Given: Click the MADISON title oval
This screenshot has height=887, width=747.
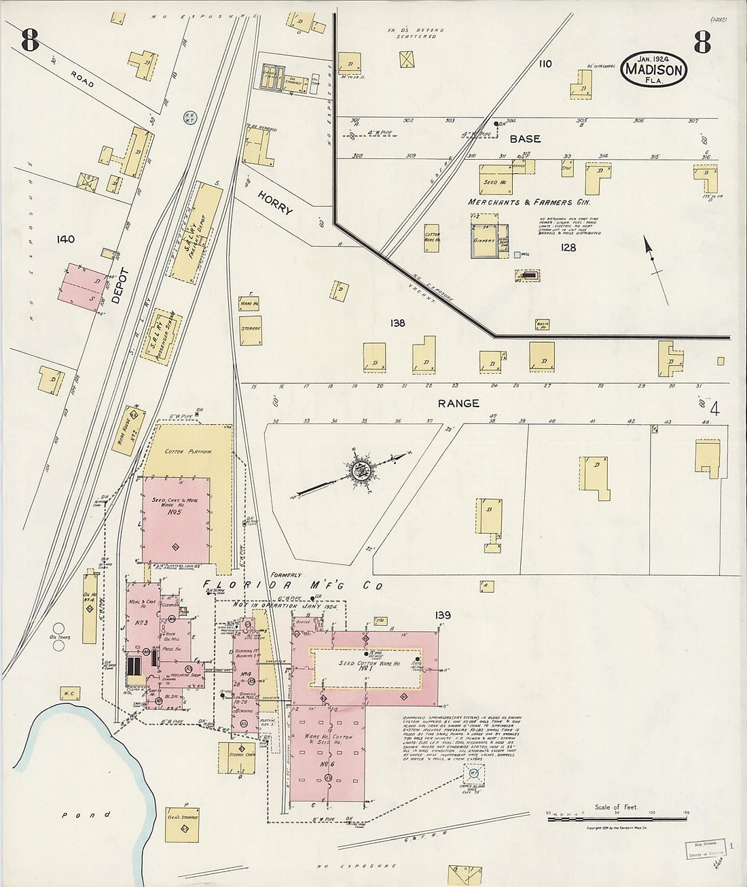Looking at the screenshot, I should (x=653, y=69).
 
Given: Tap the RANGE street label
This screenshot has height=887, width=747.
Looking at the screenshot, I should (x=458, y=403).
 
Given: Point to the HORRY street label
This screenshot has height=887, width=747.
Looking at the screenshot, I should (x=275, y=202).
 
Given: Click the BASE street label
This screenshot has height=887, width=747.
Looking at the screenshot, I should (x=525, y=139).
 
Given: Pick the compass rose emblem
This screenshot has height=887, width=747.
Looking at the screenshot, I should (x=359, y=469).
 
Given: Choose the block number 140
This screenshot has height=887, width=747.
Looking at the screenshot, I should (x=66, y=239).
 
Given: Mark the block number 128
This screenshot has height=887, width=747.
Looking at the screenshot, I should (x=568, y=247).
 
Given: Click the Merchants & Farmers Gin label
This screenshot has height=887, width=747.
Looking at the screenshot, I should (x=529, y=202).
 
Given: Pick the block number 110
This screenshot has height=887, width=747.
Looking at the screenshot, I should (x=545, y=64).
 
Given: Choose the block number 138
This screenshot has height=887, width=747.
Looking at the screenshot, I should (x=397, y=323).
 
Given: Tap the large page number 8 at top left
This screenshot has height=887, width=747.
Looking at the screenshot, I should (x=30, y=41).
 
